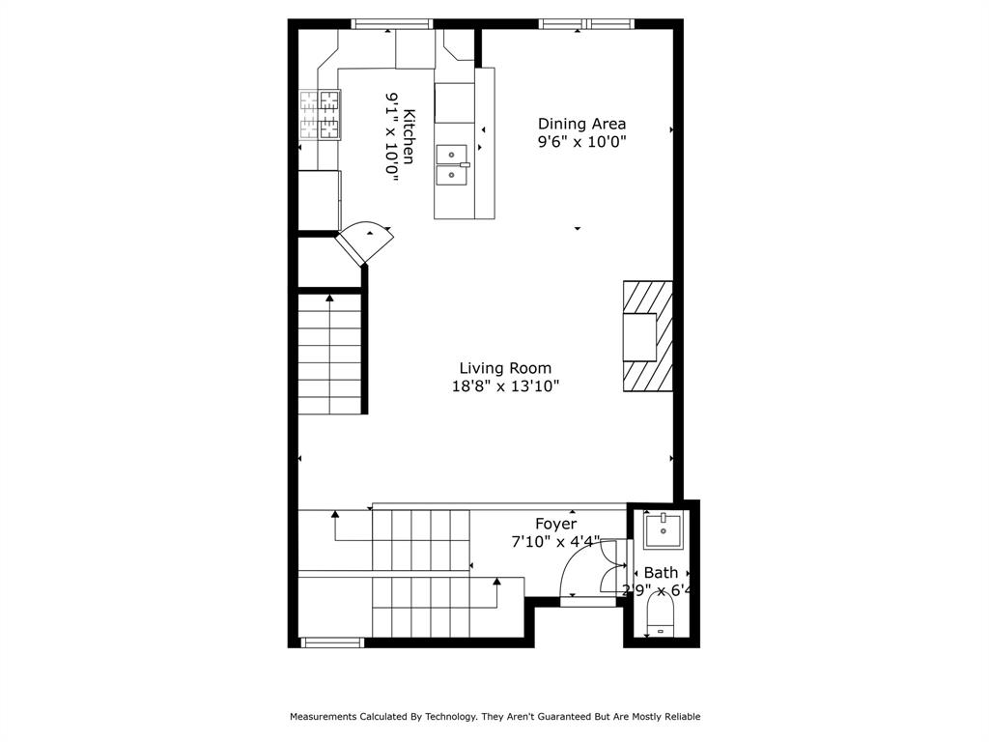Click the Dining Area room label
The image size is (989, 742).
[581, 124]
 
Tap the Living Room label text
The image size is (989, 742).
[505, 368]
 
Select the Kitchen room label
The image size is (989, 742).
[409, 137]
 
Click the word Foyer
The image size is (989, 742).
[555, 524]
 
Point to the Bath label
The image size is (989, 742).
[661, 573]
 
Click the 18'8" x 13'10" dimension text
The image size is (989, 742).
[505, 385]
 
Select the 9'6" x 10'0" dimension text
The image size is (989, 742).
[581, 141]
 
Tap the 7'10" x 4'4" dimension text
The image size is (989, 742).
[555, 541]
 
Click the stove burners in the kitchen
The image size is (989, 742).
[320, 114]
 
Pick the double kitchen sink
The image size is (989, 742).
[452, 165]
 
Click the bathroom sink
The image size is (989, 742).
[663, 530]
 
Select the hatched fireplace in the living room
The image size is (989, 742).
[648, 336]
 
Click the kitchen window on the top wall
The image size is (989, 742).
[392, 24]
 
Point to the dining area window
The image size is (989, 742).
[586, 24]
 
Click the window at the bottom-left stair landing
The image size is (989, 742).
[332, 642]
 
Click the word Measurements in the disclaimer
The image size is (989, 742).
[323, 717]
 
